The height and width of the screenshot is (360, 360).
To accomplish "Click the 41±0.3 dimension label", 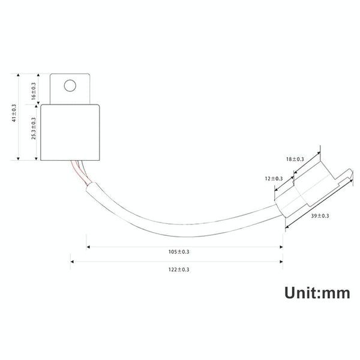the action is pyautogui.click(x=14, y=113).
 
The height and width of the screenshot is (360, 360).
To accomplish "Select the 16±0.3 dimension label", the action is pyautogui.click(x=34, y=91).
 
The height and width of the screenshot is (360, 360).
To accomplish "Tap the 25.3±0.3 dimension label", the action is pyautogui.click(x=34, y=128).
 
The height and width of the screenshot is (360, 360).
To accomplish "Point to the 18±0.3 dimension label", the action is pyautogui.click(x=295, y=159).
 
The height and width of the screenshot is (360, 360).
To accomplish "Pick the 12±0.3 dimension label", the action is pyautogui.click(x=274, y=179).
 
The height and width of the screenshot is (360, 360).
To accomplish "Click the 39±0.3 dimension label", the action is pyautogui.click(x=320, y=216).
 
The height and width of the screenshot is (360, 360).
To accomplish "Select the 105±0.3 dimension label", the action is pyautogui.click(x=179, y=252).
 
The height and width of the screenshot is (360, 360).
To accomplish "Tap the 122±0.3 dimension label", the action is pyautogui.click(x=179, y=269).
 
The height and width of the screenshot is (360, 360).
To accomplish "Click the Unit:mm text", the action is pyautogui.click(x=317, y=293).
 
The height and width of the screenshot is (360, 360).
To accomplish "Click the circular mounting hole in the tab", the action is pyautogui.click(x=70, y=86).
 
